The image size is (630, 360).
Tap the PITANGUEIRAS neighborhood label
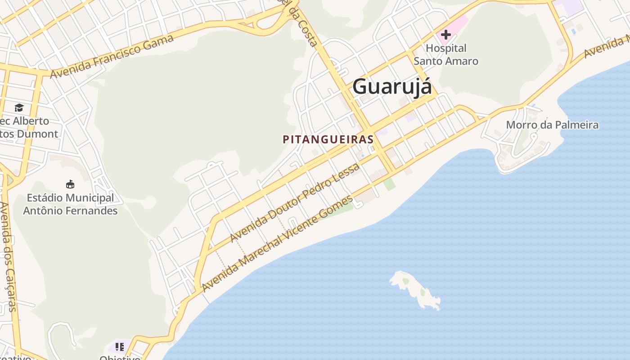pos(328,139)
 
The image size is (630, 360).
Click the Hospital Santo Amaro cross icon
pos(446,35)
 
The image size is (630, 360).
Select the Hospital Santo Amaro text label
pos(446,54)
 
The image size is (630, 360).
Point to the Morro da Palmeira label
pos(552,125)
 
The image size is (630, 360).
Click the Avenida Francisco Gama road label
pos(112,56)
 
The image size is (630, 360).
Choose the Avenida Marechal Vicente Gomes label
pos(277,244)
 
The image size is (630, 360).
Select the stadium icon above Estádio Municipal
pos(70,184)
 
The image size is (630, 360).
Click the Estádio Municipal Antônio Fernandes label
pos(70,204)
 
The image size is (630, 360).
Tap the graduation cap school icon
pos(19,108)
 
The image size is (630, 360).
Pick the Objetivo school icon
pos(119,346)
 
